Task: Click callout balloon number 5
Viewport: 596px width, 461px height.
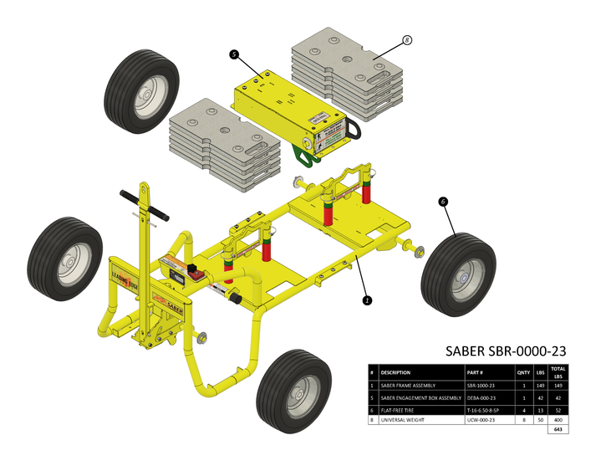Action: (x=235, y=54)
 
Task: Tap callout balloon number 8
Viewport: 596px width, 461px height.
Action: (x=407, y=39)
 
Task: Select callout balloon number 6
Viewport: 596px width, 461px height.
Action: (x=442, y=201)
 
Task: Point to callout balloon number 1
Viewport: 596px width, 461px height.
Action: (x=366, y=298)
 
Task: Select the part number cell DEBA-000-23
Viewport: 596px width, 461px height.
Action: (x=483, y=397)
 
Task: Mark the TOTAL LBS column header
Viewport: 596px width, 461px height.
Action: (x=558, y=371)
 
